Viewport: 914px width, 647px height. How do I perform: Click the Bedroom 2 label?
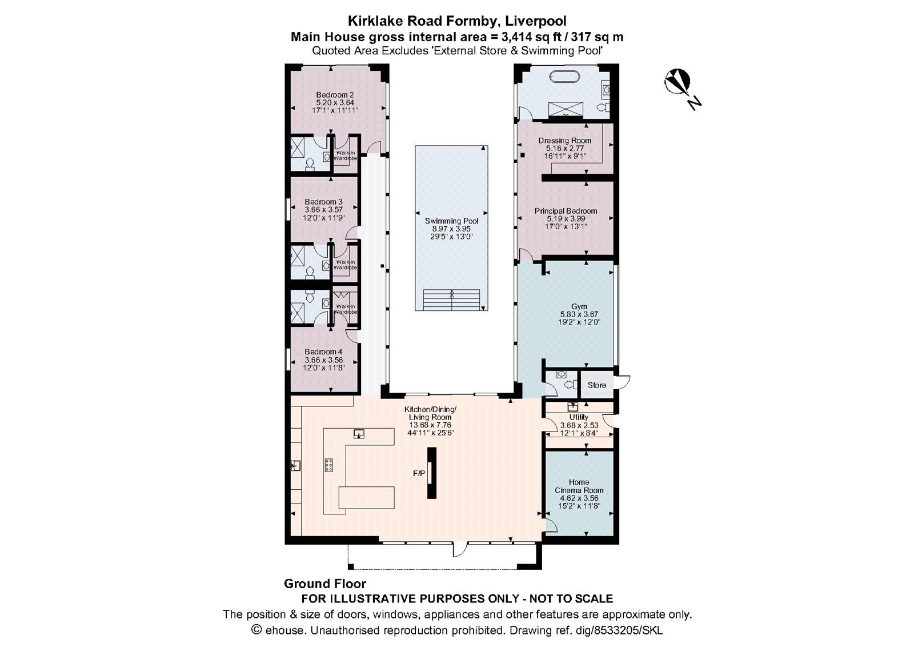pyautogui.click(x=335, y=95)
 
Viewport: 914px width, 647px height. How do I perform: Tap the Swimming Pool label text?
pyautogui.click(x=451, y=221)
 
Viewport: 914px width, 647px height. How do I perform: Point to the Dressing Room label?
pyautogui.click(x=564, y=141)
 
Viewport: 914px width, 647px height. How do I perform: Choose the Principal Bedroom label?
pyautogui.click(x=566, y=211)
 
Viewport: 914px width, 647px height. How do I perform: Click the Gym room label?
pyautogui.click(x=579, y=307)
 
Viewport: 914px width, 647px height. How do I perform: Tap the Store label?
pyautogui.click(x=596, y=385)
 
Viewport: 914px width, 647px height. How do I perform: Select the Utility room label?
pyautogui.click(x=579, y=418)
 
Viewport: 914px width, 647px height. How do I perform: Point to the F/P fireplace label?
pyautogui.click(x=419, y=474)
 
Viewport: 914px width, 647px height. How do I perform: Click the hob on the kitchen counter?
pyautogui.click(x=329, y=466)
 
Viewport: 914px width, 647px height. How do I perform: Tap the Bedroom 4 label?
pyautogui.click(x=323, y=352)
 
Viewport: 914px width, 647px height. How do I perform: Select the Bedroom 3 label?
pyautogui.click(x=323, y=202)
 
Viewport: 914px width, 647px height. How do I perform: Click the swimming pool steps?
pyautogui.click(x=451, y=299)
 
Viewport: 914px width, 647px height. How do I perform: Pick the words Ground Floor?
pyautogui.click(x=324, y=584)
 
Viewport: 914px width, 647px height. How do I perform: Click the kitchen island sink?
pyautogui.click(x=359, y=434)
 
